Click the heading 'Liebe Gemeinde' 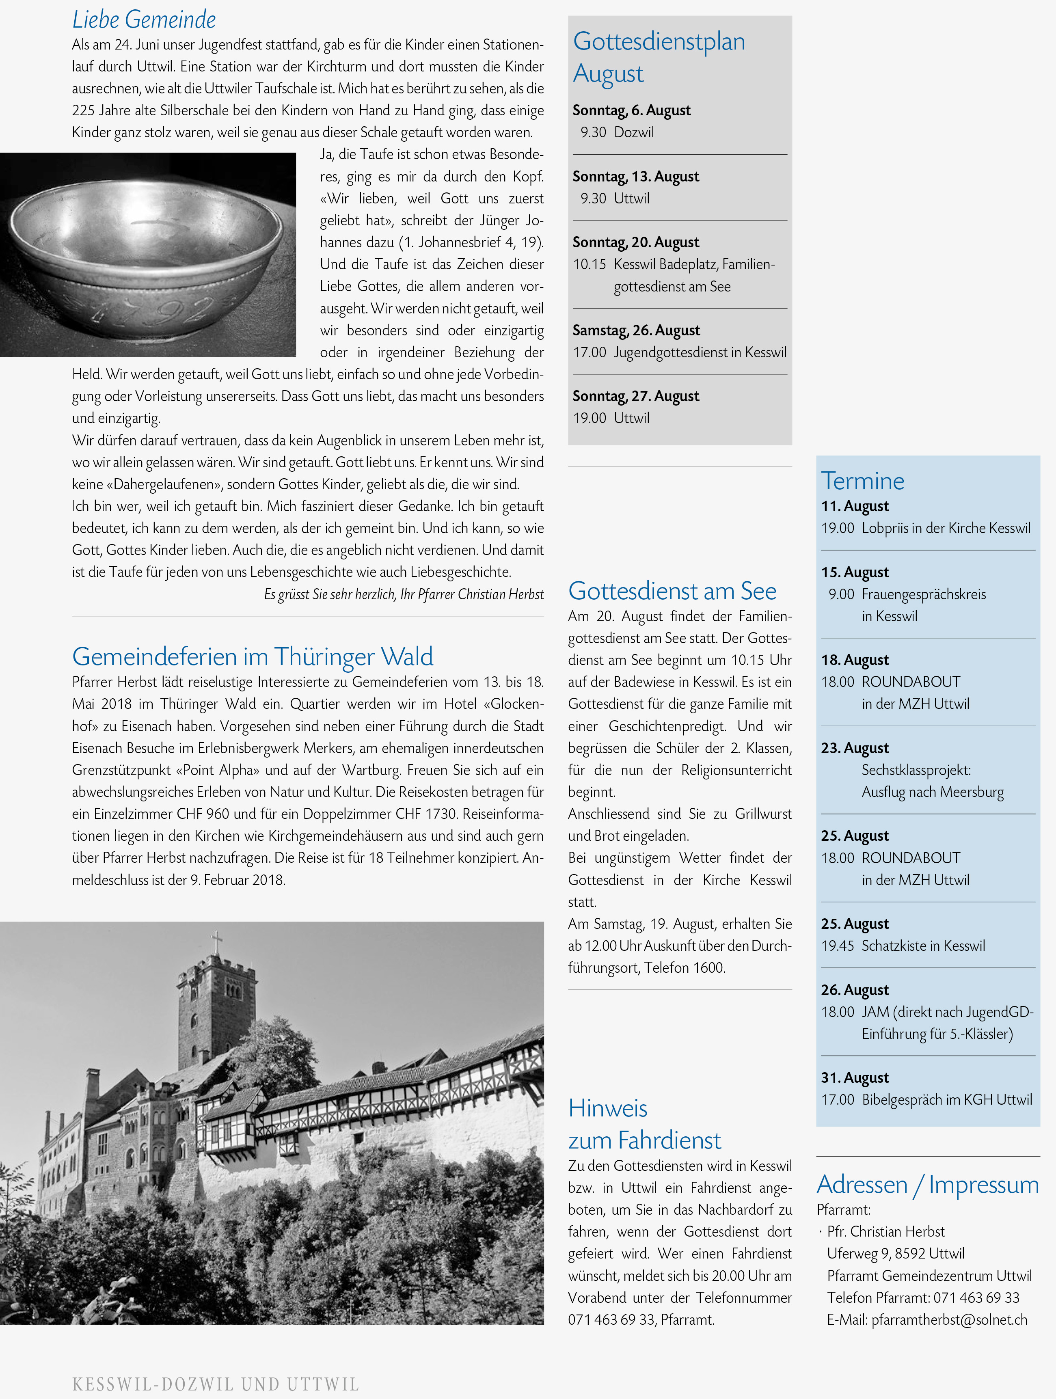tap(144, 19)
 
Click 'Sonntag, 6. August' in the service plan tap(631, 110)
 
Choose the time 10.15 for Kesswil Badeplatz tap(590, 264)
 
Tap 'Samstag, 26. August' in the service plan tap(635, 330)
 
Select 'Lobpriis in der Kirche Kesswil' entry tap(946, 528)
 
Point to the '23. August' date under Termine tap(854, 748)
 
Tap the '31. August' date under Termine tap(854, 1078)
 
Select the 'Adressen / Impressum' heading tap(927, 1185)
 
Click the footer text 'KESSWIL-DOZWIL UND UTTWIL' tap(216, 1384)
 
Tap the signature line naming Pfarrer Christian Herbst tap(404, 594)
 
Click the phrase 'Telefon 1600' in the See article tap(685, 968)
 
